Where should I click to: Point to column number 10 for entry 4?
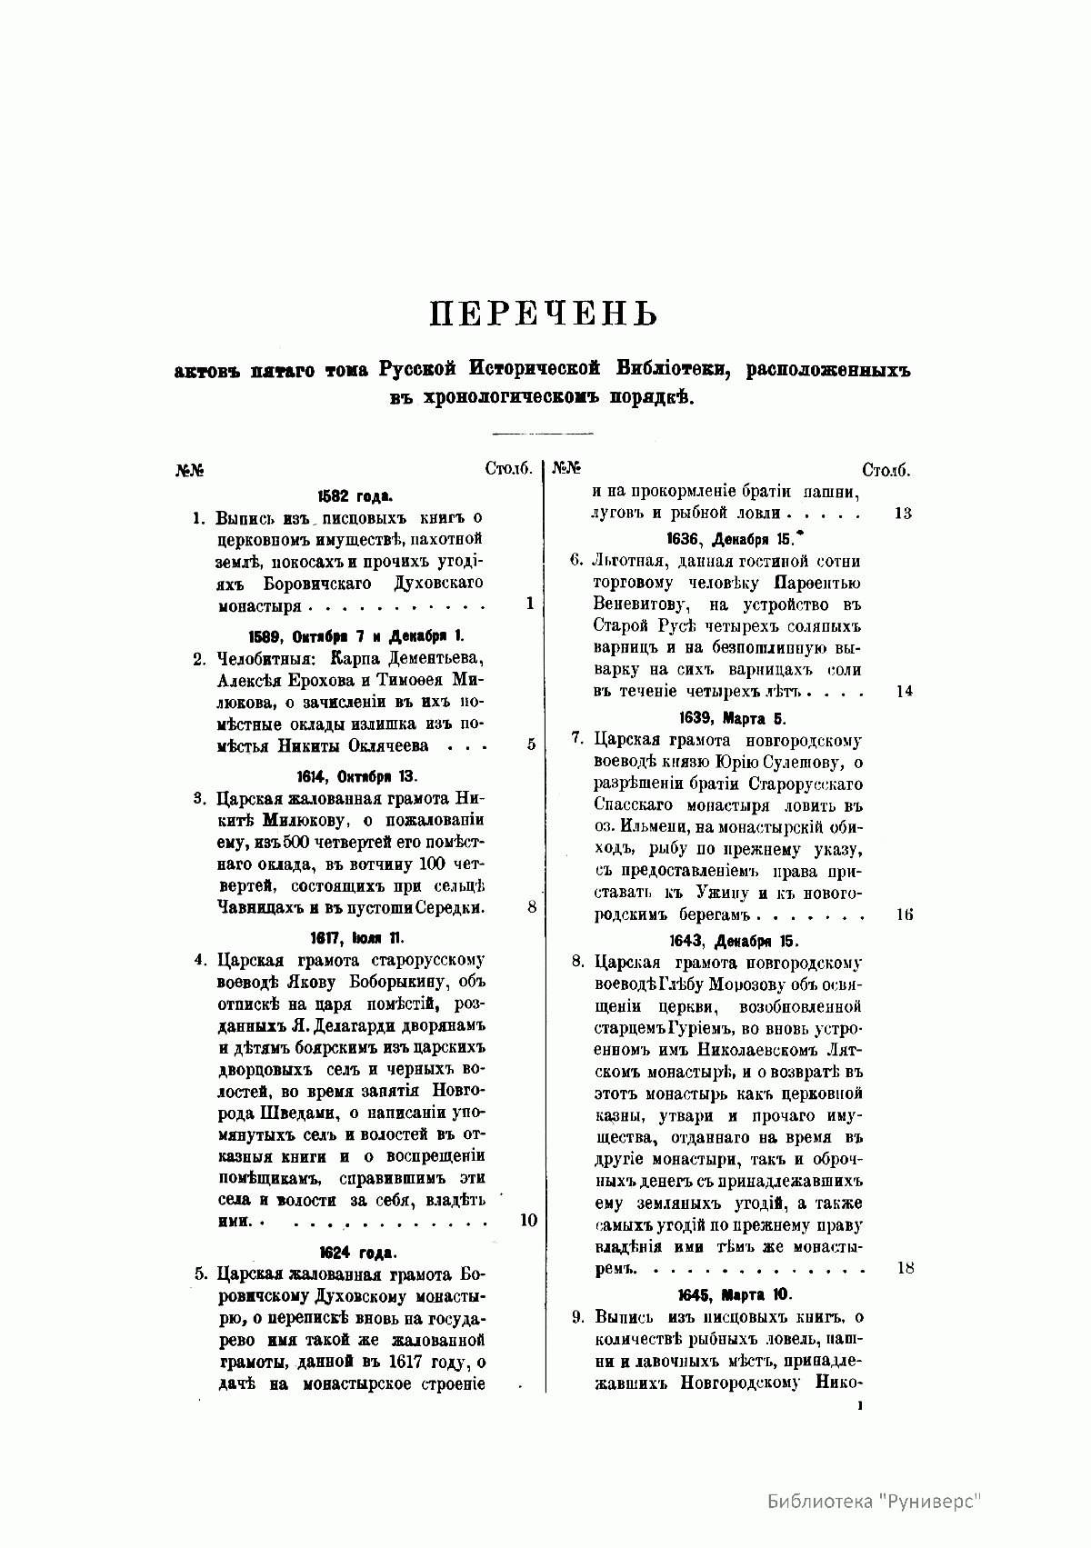pos(528,1221)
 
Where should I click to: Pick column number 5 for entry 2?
pos(530,744)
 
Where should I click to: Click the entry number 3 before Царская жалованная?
pos(198,800)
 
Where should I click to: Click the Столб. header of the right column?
pos(886,470)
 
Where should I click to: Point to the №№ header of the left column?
pos(188,471)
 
